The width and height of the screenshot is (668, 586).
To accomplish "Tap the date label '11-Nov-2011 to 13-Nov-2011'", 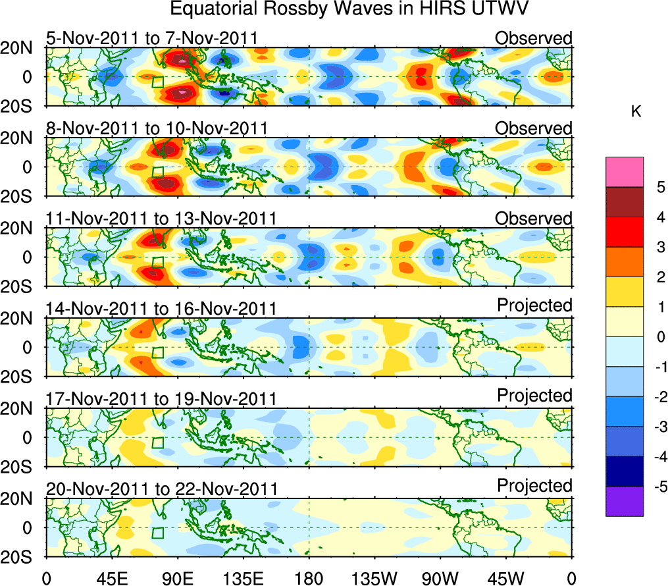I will coord(161,219).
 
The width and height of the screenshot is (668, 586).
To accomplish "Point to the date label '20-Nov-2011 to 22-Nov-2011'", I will coord(161,489).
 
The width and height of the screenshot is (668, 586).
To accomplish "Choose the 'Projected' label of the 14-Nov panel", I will coord(534,306).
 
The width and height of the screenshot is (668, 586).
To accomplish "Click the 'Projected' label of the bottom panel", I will coord(534,486).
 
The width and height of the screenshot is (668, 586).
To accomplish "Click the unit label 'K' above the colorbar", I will coord(636,113).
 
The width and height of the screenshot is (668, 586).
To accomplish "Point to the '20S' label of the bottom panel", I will coord(22,557).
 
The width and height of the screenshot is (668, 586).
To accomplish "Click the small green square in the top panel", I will coord(157,82).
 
